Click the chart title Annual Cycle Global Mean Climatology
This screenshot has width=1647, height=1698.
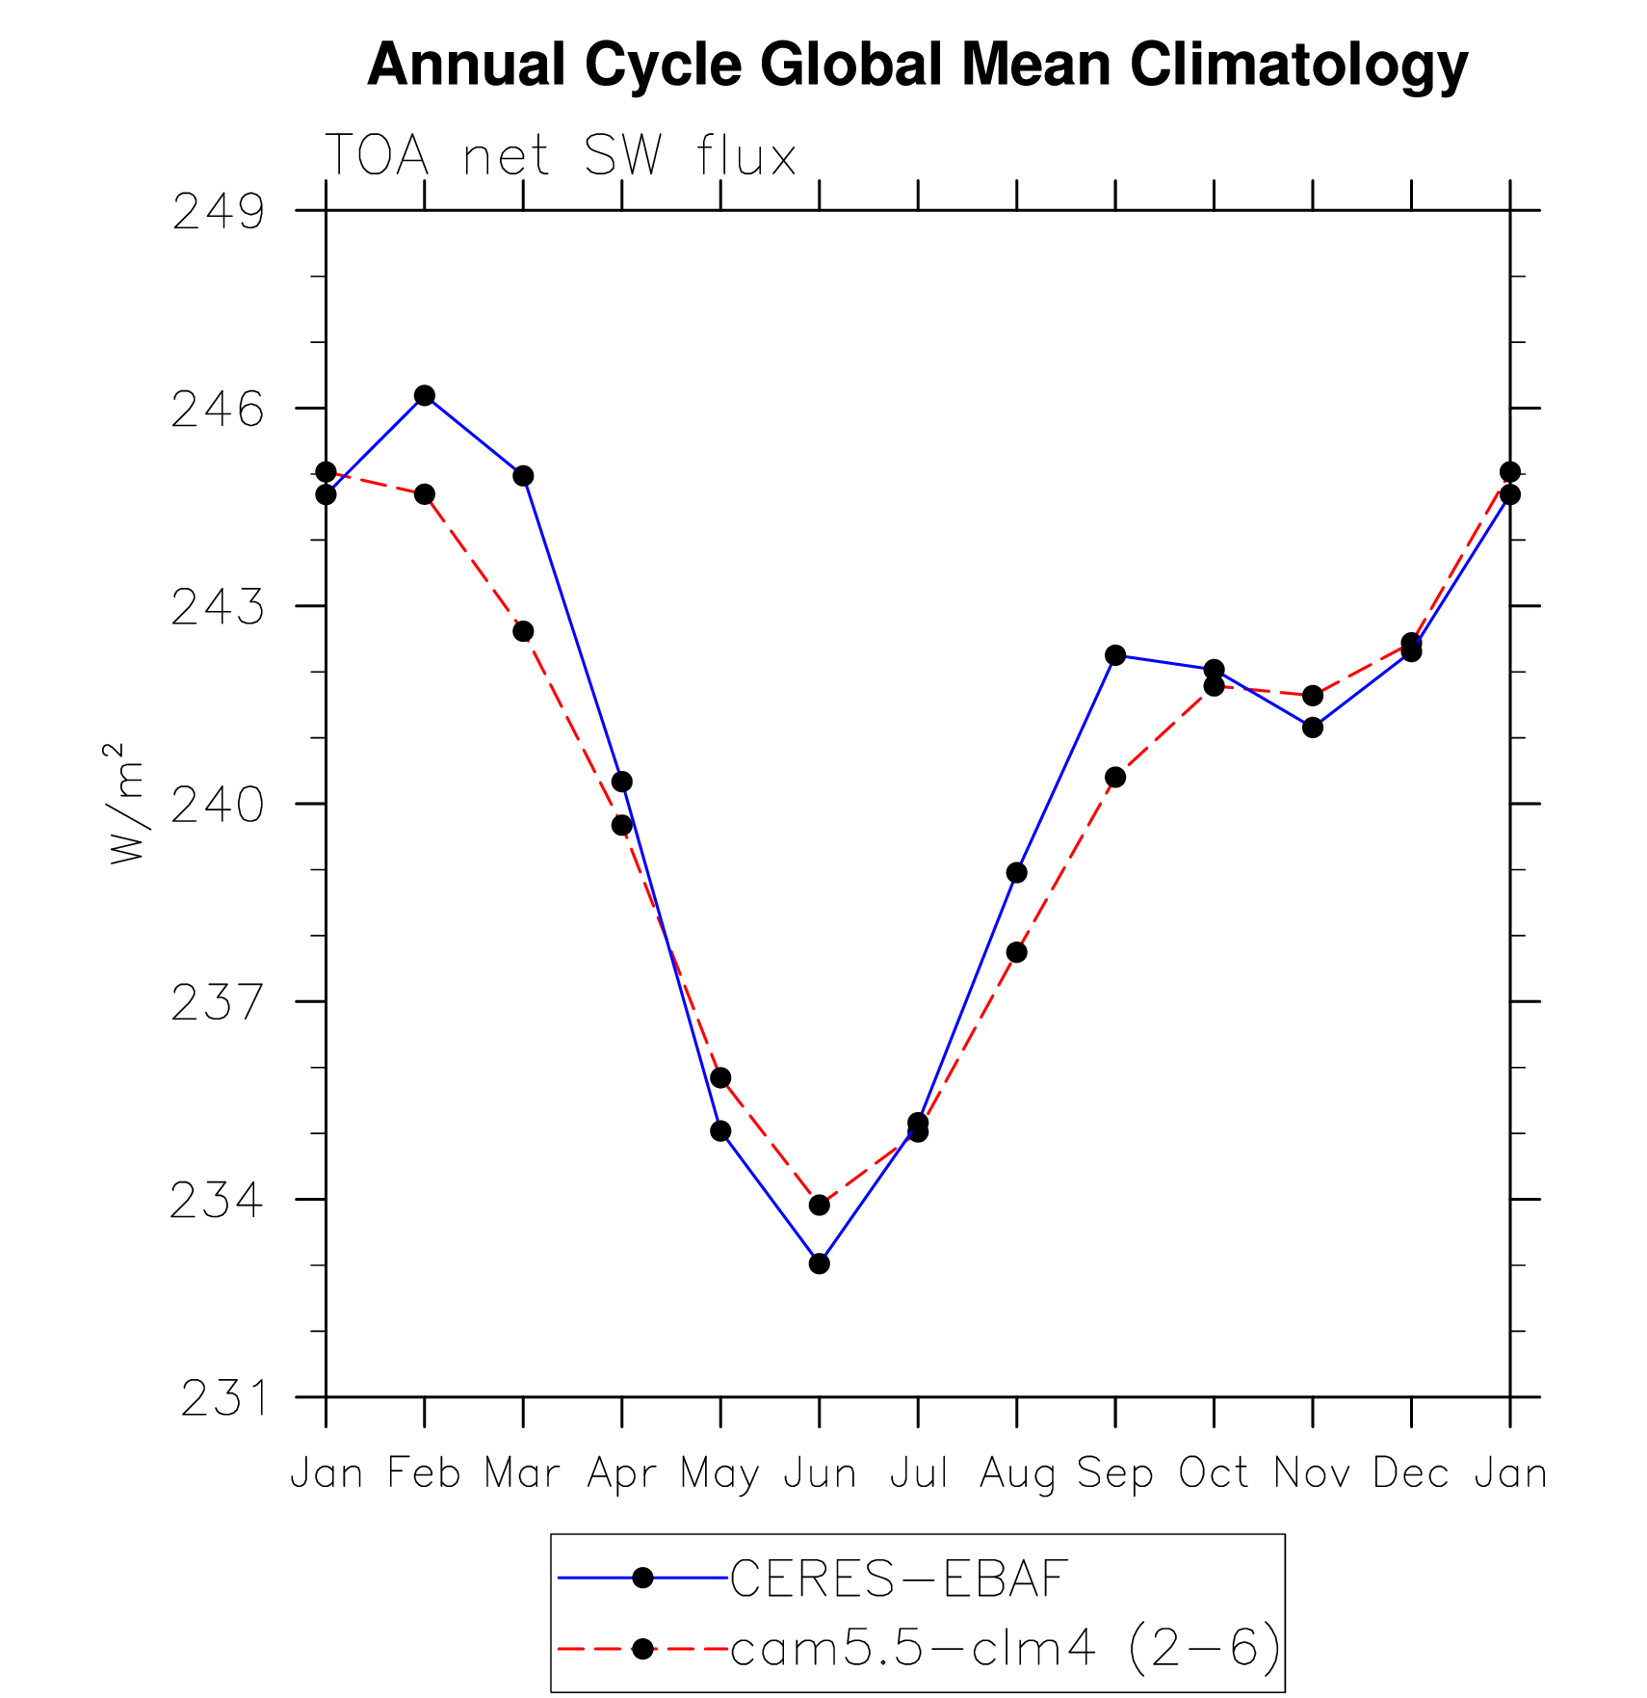click(x=917, y=65)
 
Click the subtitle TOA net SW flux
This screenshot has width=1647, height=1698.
click(x=561, y=155)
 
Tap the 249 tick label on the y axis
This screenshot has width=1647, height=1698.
click(x=218, y=212)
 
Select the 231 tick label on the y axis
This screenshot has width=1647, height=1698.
click(x=222, y=1398)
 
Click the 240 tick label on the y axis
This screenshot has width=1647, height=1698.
click(x=218, y=805)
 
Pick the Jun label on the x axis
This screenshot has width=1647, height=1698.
click(x=820, y=1473)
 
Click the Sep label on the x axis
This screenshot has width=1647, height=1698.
click(x=1114, y=1473)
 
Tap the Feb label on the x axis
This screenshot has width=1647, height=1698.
click(x=424, y=1473)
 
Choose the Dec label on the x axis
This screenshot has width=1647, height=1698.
click(x=1411, y=1473)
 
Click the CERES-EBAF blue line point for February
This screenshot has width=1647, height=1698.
click(x=425, y=395)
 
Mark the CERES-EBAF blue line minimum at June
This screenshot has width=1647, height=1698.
click(x=820, y=1263)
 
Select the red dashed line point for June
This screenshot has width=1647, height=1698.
click(x=820, y=1205)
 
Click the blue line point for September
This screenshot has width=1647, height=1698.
click(x=1115, y=655)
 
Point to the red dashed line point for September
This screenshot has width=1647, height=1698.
click(x=1115, y=777)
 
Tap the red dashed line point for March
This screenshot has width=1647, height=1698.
click(x=523, y=631)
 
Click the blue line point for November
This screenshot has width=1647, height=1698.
click(x=1313, y=728)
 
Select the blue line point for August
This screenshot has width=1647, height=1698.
click(x=1017, y=873)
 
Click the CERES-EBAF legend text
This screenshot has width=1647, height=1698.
click(x=899, y=1579)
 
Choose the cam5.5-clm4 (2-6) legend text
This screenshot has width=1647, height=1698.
click(x=1006, y=1649)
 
